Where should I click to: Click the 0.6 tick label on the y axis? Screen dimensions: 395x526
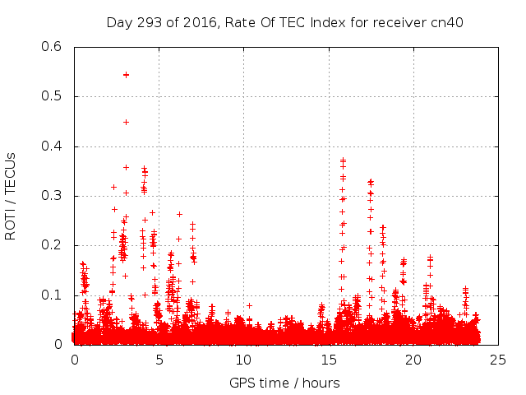pyautogui.click(x=52, y=47)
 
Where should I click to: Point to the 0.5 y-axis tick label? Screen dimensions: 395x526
pyautogui.click(x=52, y=96)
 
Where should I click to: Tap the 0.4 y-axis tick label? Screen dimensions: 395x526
pyautogui.click(x=52, y=146)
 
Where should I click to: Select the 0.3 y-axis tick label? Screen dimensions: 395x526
pyautogui.click(x=52, y=196)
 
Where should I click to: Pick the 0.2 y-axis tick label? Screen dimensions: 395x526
pyautogui.click(x=52, y=245)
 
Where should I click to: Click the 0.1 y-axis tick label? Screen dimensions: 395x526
pyautogui.click(x=52, y=295)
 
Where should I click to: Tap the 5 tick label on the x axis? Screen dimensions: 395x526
pyautogui.click(x=159, y=360)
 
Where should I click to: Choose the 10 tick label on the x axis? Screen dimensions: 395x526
pyautogui.click(x=244, y=360)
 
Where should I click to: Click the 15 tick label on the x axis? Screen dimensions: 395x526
pyautogui.click(x=329, y=360)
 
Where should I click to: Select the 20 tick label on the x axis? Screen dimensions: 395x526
pyautogui.click(x=413, y=360)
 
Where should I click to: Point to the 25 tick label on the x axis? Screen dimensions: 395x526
pyautogui.click(x=499, y=360)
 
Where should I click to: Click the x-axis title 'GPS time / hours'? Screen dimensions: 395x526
pyautogui.click(x=284, y=383)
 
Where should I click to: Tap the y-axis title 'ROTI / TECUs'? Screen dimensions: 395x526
pyautogui.click(x=11, y=196)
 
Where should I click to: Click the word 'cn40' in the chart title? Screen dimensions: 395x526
pyautogui.click(x=447, y=22)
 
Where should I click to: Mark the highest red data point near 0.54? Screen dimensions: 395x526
pyautogui.click(x=126, y=74)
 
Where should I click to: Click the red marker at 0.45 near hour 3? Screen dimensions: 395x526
pyautogui.click(x=126, y=122)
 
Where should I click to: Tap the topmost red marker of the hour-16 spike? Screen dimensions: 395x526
pyautogui.click(x=343, y=160)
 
